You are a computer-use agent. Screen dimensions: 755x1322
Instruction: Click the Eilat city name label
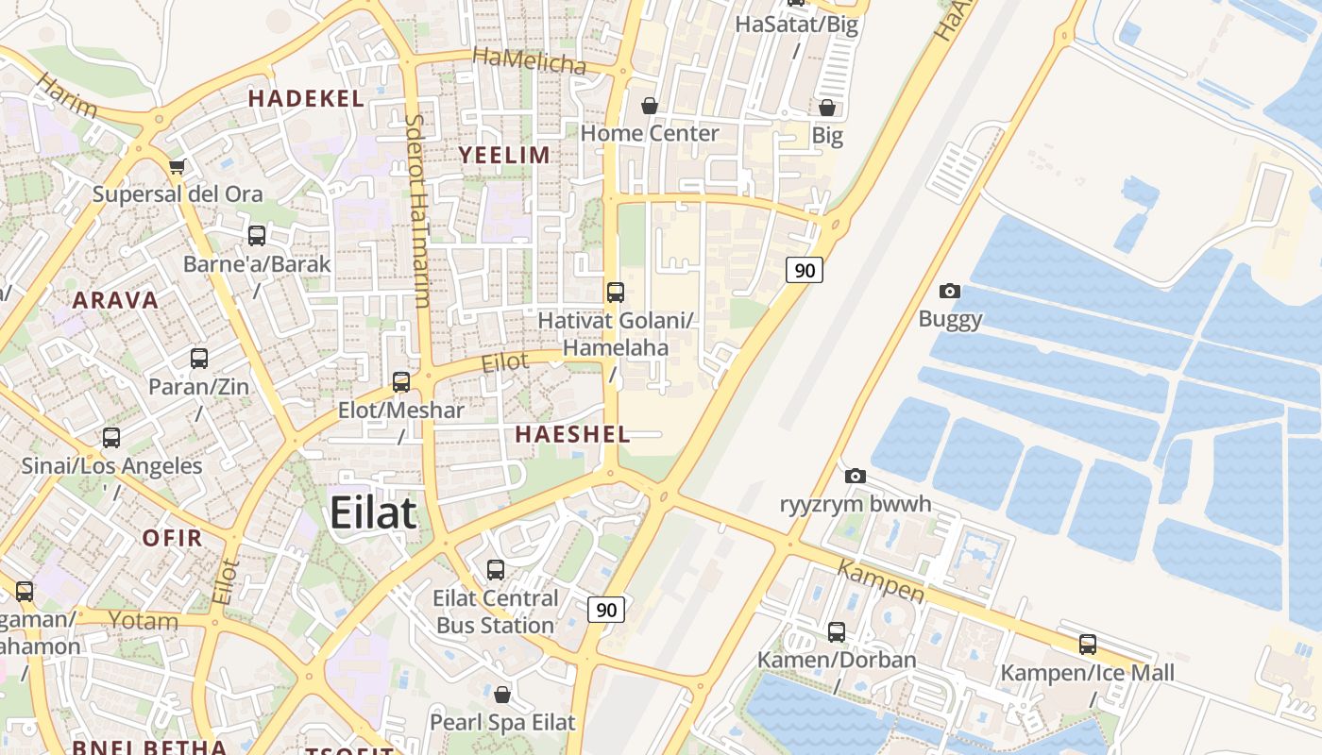point(372,512)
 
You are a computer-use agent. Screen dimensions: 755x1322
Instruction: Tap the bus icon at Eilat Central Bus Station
point(496,570)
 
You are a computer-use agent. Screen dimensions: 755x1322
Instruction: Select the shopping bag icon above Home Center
point(650,106)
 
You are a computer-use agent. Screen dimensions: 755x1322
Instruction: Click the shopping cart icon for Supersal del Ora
point(177,167)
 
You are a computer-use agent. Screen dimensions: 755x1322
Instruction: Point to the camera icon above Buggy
point(950,292)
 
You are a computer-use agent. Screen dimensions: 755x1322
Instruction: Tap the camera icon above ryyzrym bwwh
point(856,476)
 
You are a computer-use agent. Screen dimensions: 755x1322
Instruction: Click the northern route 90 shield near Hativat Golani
point(804,270)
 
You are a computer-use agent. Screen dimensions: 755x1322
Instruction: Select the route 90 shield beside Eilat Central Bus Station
point(606,610)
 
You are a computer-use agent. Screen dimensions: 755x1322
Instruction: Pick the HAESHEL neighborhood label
point(572,434)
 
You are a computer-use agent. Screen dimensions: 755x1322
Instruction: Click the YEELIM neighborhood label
point(504,155)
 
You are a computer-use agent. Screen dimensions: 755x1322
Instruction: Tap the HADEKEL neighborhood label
point(306,98)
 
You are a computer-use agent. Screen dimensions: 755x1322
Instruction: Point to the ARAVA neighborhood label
point(115,300)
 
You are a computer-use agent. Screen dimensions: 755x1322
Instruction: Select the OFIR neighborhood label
point(172,538)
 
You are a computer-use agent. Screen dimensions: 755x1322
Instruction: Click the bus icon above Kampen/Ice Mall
point(1088,645)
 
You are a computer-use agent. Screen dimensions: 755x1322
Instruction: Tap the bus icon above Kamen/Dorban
point(837,631)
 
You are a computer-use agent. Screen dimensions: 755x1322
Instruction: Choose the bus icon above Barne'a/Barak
point(257,236)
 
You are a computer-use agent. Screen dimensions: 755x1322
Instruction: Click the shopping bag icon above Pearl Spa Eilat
point(502,695)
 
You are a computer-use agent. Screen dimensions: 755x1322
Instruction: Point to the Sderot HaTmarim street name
point(417,211)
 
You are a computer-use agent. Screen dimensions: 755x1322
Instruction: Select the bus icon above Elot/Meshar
point(401,382)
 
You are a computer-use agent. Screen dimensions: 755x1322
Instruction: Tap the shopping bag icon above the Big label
point(827,108)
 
